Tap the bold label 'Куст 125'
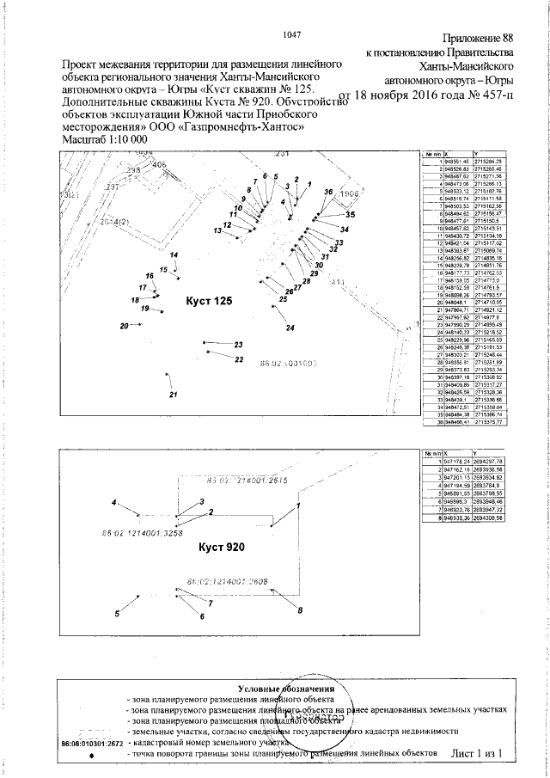[211, 302]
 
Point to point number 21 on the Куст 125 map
[173, 395]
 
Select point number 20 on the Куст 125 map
[125, 326]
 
